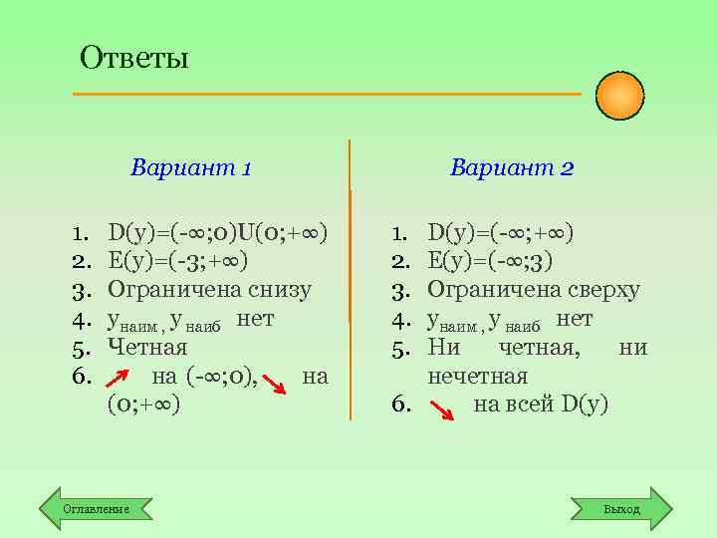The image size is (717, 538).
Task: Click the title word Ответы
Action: coord(134,57)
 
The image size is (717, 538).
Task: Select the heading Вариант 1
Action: coord(190,166)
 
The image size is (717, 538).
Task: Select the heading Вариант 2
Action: coord(512,166)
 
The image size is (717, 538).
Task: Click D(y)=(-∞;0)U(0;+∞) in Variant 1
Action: coord(218,233)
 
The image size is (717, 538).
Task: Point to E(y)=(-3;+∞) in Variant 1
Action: coord(178,261)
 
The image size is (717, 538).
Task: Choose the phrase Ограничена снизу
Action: coord(209,290)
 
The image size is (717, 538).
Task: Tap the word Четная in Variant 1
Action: coord(147,348)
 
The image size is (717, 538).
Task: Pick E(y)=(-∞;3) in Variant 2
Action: coord(491,261)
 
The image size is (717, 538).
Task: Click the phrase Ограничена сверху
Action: coord(534,290)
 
